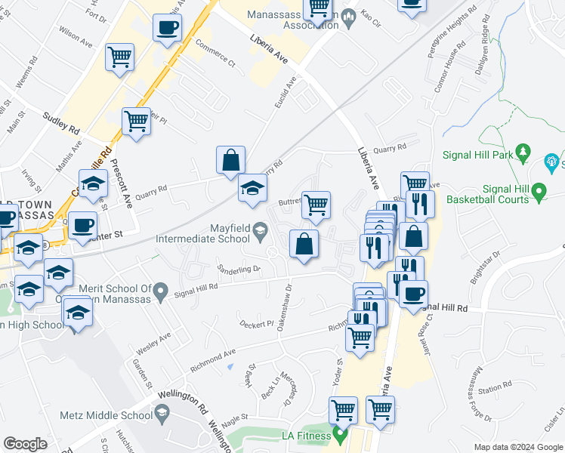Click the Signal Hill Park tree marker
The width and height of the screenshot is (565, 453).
[522, 154]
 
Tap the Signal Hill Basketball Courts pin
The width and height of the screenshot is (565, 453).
[539, 193]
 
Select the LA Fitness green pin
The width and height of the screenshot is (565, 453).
[341, 436]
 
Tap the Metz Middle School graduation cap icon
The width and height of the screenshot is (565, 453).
[162, 413]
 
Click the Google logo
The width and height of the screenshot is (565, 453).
[26, 444]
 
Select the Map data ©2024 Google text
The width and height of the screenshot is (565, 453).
[517, 447]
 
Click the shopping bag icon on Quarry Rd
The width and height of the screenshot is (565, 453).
[230, 161]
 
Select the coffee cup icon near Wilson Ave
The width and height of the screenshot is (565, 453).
[167, 29]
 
